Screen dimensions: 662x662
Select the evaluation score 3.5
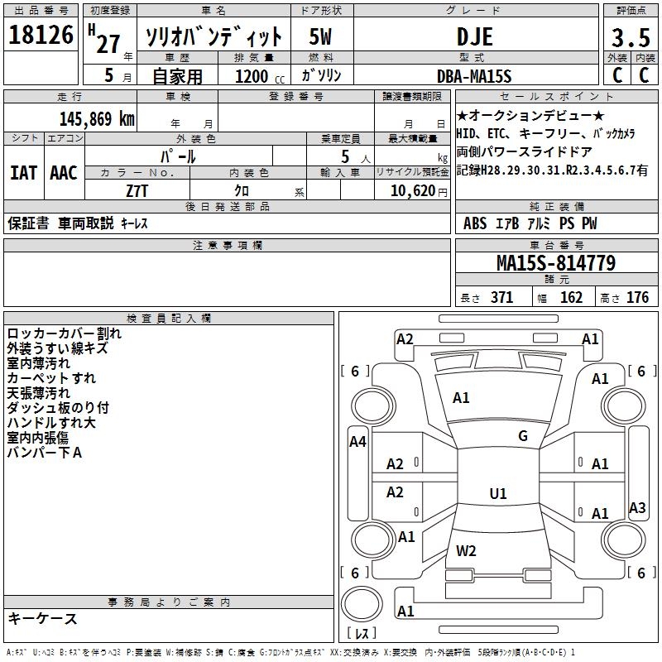(x=629, y=37)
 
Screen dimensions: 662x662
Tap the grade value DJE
(x=475, y=36)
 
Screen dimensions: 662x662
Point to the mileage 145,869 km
(x=98, y=118)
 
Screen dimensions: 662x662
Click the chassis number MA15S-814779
(x=555, y=264)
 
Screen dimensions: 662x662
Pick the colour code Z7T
(x=137, y=189)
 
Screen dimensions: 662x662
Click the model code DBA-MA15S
(x=475, y=76)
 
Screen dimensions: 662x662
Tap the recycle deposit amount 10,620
(x=410, y=190)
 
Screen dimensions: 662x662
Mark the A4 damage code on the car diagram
(x=357, y=442)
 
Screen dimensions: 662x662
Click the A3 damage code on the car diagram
(x=637, y=507)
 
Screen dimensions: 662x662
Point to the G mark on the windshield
(x=523, y=436)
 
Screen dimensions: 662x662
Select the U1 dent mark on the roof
(x=498, y=494)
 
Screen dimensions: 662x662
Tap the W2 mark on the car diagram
(x=466, y=551)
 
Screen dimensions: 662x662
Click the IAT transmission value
(x=23, y=173)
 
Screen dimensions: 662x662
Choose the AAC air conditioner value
(x=64, y=173)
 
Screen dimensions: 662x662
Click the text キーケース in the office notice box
(x=42, y=619)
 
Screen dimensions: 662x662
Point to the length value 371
(x=501, y=298)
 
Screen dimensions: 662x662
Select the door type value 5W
(x=321, y=36)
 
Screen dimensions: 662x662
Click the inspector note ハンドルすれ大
(x=51, y=423)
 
